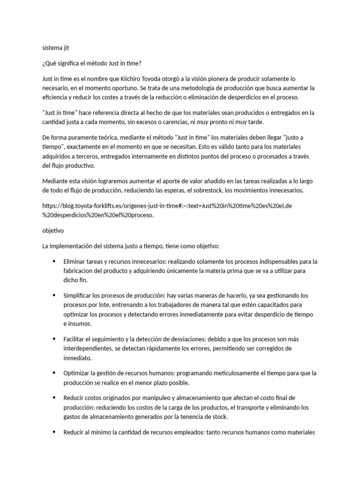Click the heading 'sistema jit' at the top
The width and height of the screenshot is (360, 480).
pos(56,47)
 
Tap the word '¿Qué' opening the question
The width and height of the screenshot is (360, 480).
pos(49,63)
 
